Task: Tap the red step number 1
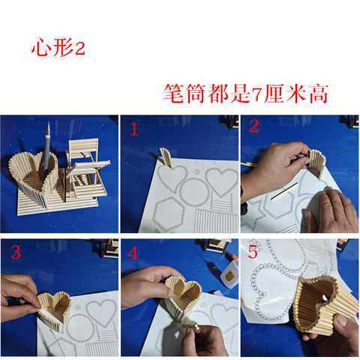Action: [x=134, y=129]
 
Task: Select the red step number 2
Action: [x=254, y=127]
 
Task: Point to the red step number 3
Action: [x=15, y=251]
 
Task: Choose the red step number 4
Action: [x=134, y=253]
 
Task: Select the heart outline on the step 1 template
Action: [x=221, y=182]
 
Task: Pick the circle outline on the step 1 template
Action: [x=194, y=184]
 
